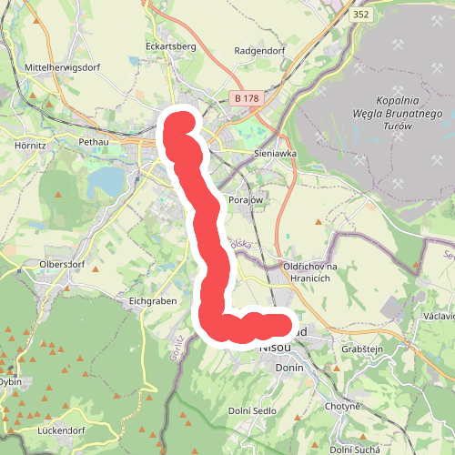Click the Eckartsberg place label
(x=170, y=45)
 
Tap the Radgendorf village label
(x=260, y=51)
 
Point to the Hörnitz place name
(x=31, y=144)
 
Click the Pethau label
(x=94, y=143)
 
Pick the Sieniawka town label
(x=276, y=154)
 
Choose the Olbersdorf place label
(x=62, y=265)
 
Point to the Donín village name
(x=288, y=365)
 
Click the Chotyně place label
(x=346, y=406)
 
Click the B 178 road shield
(x=246, y=97)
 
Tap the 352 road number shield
(x=361, y=14)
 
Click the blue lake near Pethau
(x=107, y=183)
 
